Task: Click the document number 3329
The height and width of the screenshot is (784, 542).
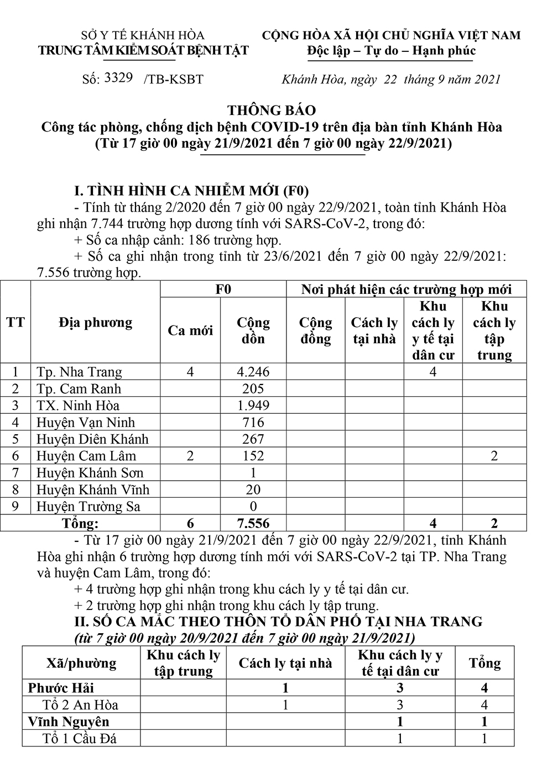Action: pos(118,77)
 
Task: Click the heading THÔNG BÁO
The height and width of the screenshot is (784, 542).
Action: pos(271,110)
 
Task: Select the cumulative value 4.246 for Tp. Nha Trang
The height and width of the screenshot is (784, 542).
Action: pos(253,372)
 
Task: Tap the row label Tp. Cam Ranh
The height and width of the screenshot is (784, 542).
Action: pos(79,388)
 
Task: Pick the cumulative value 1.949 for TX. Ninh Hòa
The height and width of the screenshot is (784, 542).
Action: pos(253,406)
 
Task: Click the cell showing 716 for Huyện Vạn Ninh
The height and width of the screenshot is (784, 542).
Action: pos(253,422)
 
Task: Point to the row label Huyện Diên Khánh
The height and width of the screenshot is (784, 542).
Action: pos(92,439)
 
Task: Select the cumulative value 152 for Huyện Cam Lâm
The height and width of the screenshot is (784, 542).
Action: pos(253,456)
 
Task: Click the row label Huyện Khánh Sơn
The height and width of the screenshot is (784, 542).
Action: pos(90,473)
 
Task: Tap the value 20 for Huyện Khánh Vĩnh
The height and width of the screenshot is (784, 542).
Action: pos(253,490)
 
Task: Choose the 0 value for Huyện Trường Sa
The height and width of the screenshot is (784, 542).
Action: pos(253,507)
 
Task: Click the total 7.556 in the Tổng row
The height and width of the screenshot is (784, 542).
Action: pos(253,523)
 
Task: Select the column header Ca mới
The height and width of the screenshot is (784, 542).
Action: pos(190,330)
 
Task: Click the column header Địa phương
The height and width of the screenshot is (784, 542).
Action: pos(95,323)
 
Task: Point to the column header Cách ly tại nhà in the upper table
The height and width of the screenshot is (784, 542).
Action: pos(374,330)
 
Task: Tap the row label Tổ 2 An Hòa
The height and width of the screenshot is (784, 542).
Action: pos(80,705)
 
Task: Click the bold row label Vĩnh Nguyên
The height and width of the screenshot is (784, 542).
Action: pos(69,722)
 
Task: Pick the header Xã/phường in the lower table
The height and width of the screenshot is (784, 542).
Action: pos(81,663)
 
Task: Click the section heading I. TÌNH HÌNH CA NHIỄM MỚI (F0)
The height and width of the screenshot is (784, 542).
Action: pos(191,191)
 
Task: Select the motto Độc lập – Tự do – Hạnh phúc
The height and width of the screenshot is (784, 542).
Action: pos(391,51)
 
